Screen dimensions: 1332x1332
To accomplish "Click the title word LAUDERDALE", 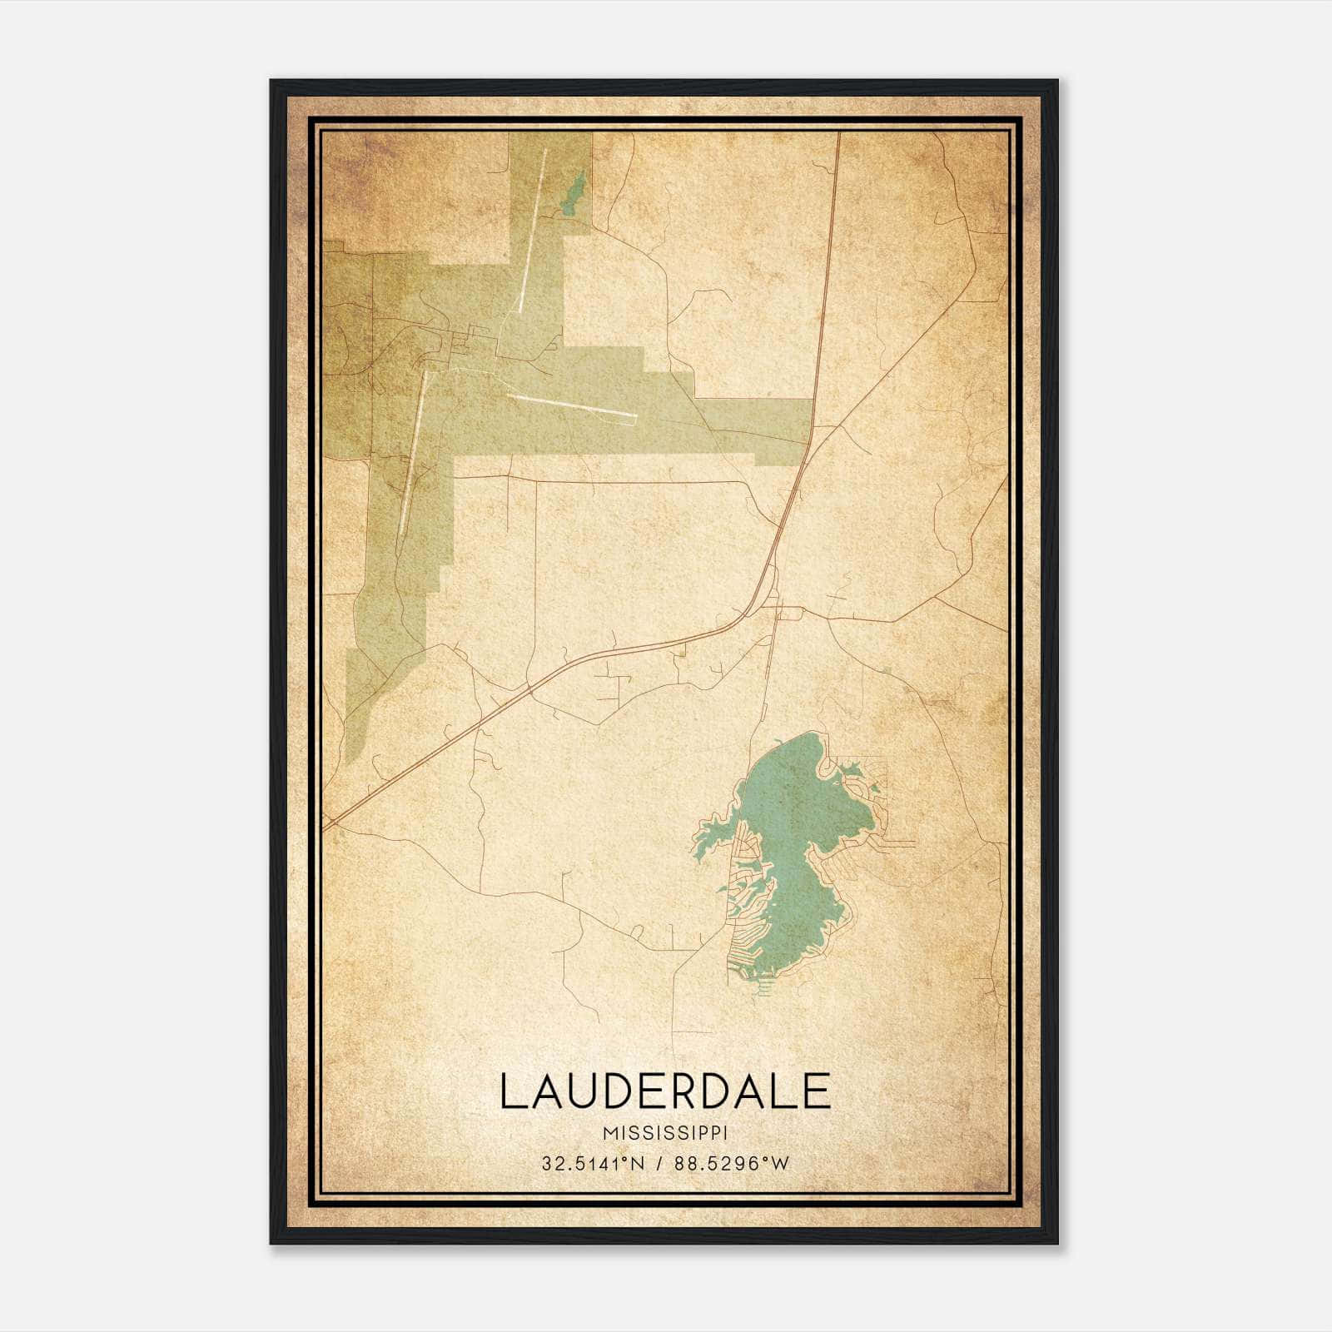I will pos(665,1091).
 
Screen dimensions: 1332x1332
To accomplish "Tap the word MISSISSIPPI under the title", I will pos(665,1134).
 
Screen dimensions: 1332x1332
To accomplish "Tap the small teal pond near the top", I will pos(571,196).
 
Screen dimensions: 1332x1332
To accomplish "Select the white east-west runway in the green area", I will pos(572,405).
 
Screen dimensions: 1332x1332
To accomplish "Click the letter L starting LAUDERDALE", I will pos(512,1091).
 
